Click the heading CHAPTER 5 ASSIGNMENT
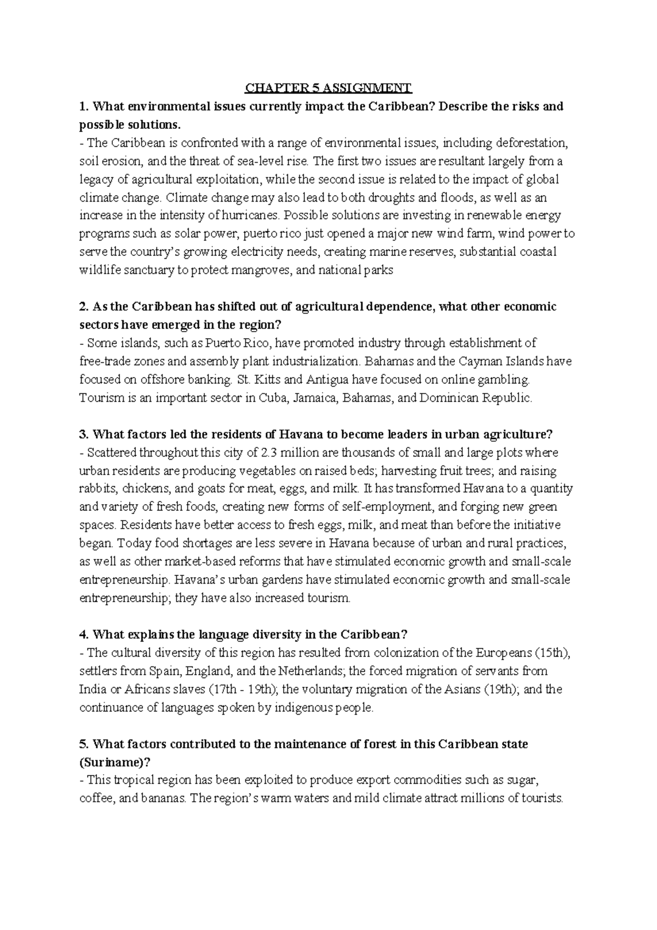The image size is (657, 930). [x=328, y=88]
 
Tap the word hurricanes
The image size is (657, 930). [x=254, y=216]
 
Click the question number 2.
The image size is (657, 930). [x=83, y=307]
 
